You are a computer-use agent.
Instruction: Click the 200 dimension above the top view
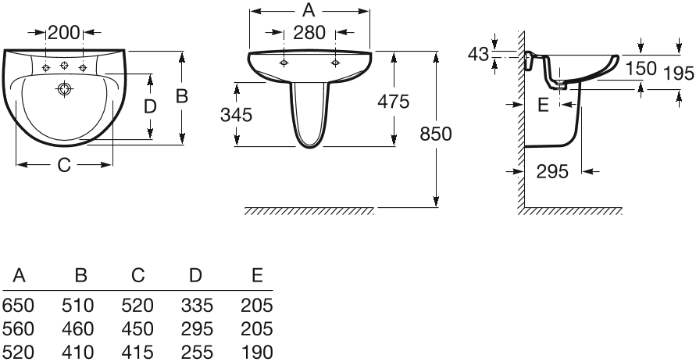pos(64,32)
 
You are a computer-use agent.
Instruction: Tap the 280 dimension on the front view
pos(309,32)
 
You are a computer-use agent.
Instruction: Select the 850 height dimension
pos(435,134)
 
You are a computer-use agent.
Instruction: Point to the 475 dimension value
pos(393,102)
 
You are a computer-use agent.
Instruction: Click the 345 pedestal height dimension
pos(236,115)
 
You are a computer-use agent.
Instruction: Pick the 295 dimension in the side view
pos(552,171)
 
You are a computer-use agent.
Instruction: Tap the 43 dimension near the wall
pos(479,54)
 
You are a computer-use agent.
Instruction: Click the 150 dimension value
pos(641,68)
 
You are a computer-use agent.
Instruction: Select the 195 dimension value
pos(679,73)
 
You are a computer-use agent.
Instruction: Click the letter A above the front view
pos(309,9)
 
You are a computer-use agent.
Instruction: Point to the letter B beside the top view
pos(182,96)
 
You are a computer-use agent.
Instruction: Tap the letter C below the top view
pos(64,165)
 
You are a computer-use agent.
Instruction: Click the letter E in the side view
pos(544,106)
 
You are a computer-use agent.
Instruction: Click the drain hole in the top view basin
pos(64,89)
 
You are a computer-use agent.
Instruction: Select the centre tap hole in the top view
pos(64,66)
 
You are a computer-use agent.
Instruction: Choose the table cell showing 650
pos(18,306)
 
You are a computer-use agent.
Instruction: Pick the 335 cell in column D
pos(197,306)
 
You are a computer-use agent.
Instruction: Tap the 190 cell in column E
pos(257,353)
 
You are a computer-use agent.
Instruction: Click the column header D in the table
pos(196,276)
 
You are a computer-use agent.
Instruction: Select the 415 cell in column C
pos(137,353)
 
